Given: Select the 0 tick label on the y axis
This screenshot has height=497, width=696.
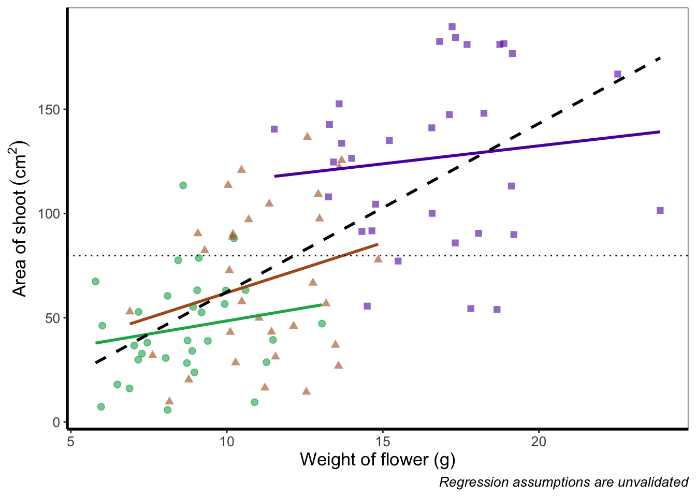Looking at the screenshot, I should pos(57,422).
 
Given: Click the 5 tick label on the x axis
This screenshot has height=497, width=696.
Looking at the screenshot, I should pos(70,442).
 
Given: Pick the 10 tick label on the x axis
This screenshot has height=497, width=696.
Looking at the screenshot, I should pos(226,442).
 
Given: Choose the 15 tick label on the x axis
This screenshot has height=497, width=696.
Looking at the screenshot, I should pos(383,442).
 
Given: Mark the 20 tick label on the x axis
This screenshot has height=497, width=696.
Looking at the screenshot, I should pos(539,442).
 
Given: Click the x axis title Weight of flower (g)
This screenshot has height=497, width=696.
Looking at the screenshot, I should pos(378,459).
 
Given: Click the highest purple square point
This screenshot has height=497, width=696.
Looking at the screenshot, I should pos(452,27).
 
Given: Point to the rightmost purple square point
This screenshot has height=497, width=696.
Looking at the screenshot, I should pos(660,210).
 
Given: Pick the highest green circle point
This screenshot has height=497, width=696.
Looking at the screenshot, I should pos(183,185).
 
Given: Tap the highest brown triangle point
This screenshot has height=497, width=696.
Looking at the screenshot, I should pos(307,136).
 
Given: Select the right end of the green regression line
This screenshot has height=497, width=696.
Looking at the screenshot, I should pos(322,304).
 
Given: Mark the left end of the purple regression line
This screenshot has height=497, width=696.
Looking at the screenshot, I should pos(274,177).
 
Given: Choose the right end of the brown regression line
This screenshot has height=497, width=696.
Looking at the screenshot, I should pos(378,244).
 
